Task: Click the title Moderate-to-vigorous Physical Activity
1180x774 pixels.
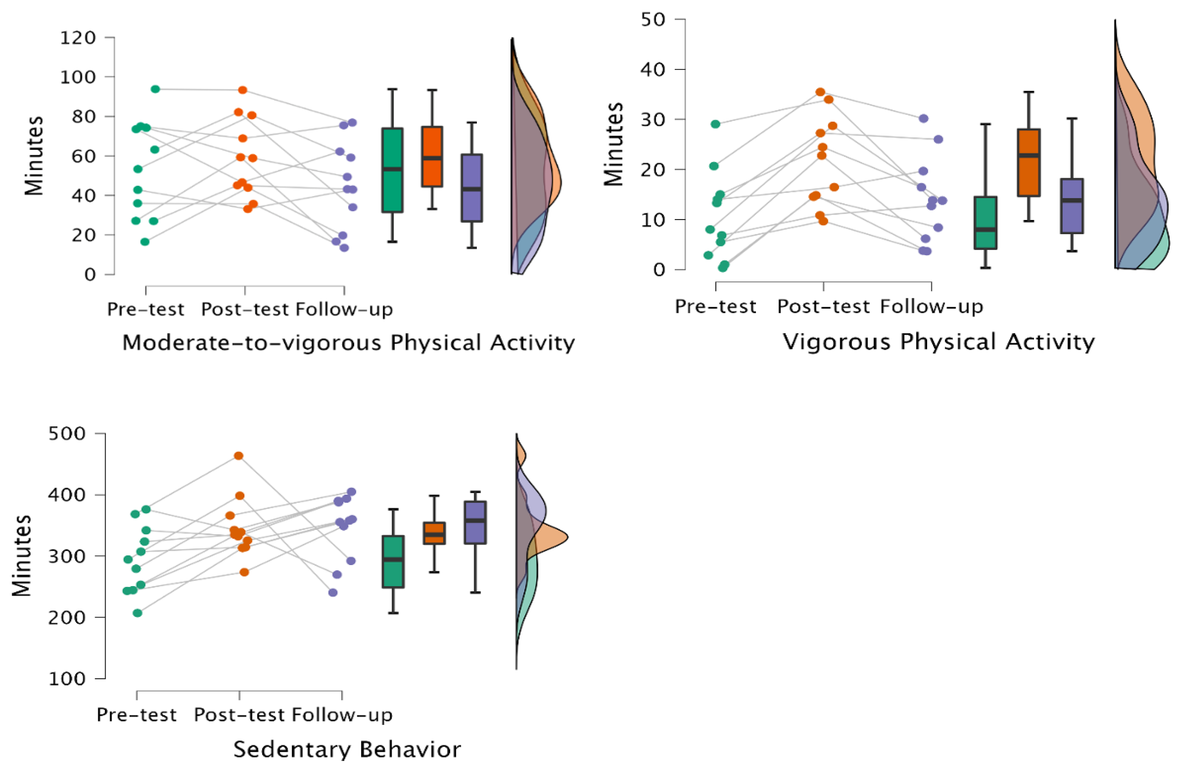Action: [x=348, y=342]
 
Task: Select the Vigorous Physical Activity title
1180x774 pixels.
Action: [x=938, y=342]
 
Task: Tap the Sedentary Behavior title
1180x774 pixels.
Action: [x=347, y=749]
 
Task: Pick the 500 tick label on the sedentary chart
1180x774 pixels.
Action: [x=67, y=434]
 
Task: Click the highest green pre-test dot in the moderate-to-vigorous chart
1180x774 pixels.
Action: [x=155, y=89]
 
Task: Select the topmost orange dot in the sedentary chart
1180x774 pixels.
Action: [x=238, y=456]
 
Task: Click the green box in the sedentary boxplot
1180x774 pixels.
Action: [x=393, y=562]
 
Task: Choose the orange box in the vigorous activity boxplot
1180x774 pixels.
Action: [x=1029, y=163]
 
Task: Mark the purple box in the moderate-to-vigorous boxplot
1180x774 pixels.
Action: [x=472, y=188]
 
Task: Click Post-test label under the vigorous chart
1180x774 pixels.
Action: [x=823, y=307]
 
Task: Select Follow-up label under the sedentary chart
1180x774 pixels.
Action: [x=342, y=715]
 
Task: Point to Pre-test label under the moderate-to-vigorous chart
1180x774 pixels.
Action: [x=145, y=310]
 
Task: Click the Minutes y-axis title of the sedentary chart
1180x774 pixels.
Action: [x=21, y=555]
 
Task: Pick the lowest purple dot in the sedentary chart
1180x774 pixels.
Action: [x=333, y=592]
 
